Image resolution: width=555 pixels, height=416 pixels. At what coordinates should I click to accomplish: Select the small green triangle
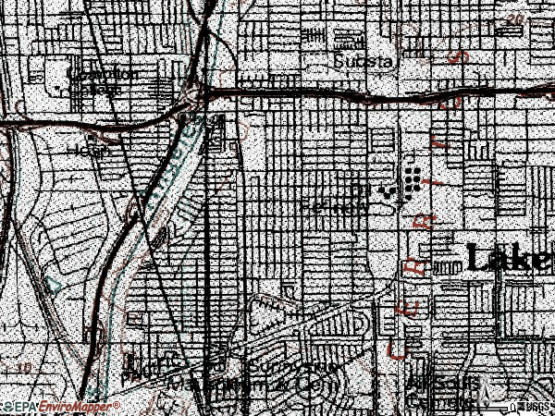coord(54,286)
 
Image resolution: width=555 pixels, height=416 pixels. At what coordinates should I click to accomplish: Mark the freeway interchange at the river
coord(192,97)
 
